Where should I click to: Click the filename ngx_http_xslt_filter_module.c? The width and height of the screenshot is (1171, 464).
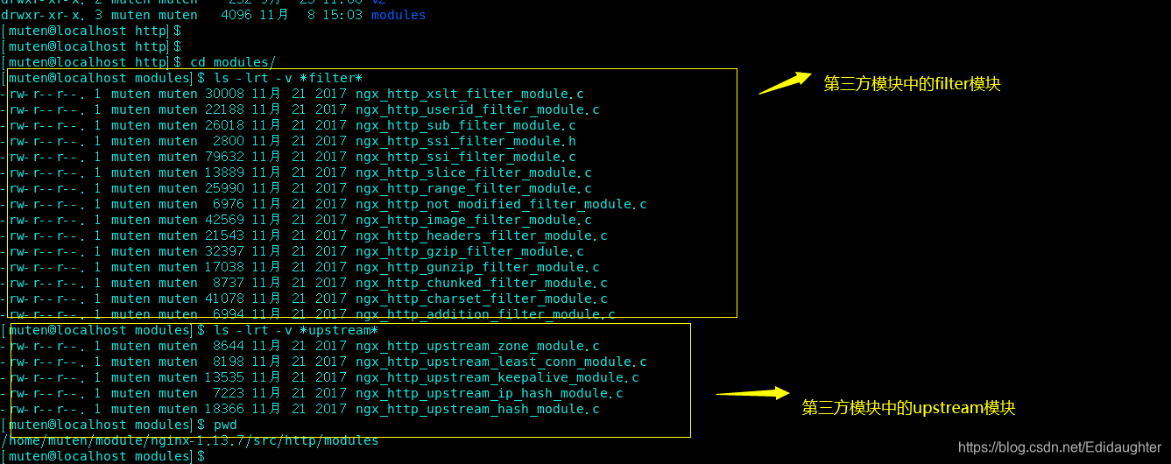coord(469,94)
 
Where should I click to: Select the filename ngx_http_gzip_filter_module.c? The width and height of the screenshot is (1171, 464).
coord(469,251)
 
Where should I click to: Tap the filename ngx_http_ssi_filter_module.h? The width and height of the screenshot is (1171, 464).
coord(465,141)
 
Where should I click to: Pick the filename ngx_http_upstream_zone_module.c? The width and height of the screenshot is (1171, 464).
coord(477,346)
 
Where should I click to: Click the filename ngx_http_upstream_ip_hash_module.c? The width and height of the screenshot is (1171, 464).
coord(489,393)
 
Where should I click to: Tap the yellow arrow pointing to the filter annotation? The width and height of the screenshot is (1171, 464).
coord(784,83)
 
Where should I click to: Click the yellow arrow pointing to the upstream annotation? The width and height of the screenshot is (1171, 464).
coord(753,394)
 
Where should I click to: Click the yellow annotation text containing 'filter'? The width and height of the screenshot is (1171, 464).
coord(912,84)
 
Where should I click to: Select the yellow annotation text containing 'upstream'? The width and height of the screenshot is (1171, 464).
coord(908,408)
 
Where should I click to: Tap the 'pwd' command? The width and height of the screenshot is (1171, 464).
coord(225,425)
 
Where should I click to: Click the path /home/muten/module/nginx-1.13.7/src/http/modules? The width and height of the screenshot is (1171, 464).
coord(190,440)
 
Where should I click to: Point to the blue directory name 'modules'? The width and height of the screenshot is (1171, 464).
coord(399,15)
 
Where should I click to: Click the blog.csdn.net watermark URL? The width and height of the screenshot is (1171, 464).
coord(1060,447)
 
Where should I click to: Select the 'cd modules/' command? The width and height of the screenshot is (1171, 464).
coord(232,62)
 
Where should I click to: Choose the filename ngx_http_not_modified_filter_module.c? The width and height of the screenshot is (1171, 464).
coord(501,204)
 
